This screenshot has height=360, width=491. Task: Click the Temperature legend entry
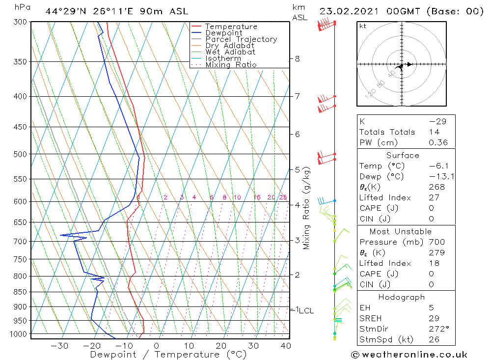[231, 27]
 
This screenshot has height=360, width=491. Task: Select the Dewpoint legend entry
[224, 33]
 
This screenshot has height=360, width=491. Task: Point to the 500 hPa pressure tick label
[21, 154]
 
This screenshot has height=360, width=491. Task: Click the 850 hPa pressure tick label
[21, 292]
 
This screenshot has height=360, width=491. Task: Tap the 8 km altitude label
[297, 58]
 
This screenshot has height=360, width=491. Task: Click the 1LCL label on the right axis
[304, 310]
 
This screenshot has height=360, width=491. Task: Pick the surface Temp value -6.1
[437, 166]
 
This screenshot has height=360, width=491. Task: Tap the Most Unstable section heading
[401, 231]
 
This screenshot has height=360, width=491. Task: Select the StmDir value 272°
[438, 329]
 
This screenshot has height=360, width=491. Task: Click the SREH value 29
[434, 318]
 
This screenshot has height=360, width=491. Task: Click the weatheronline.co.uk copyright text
[409, 355]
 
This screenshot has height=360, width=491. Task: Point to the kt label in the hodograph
[363, 26]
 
